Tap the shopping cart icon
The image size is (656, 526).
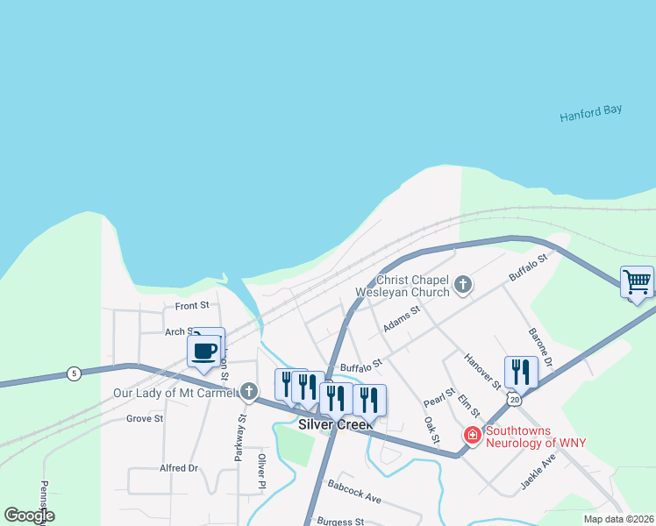pyautogui.click(x=637, y=282)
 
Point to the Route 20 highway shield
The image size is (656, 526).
pyautogui.click(x=515, y=399)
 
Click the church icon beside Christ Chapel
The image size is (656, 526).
pyautogui.click(x=463, y=285)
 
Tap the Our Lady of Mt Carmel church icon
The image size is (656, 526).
pyautogui.click(x=250, y=392)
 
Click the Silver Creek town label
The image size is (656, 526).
pyautogui.click(x=336, y=423)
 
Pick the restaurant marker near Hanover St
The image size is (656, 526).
pyautogui.click(x=521, y=372)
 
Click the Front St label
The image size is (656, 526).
pyautogui.click(x=191, y=306)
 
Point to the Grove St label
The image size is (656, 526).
pyautogui.click(x=145, y=419)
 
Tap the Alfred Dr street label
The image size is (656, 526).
pyautogui.click(x=178, y=468)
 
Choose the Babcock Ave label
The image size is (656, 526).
pyautogui.click(x=354, y=491)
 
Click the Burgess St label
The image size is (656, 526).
pyautogui.click(x=340, y=520)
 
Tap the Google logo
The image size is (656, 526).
pyautogui.click(x=29, y=515)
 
